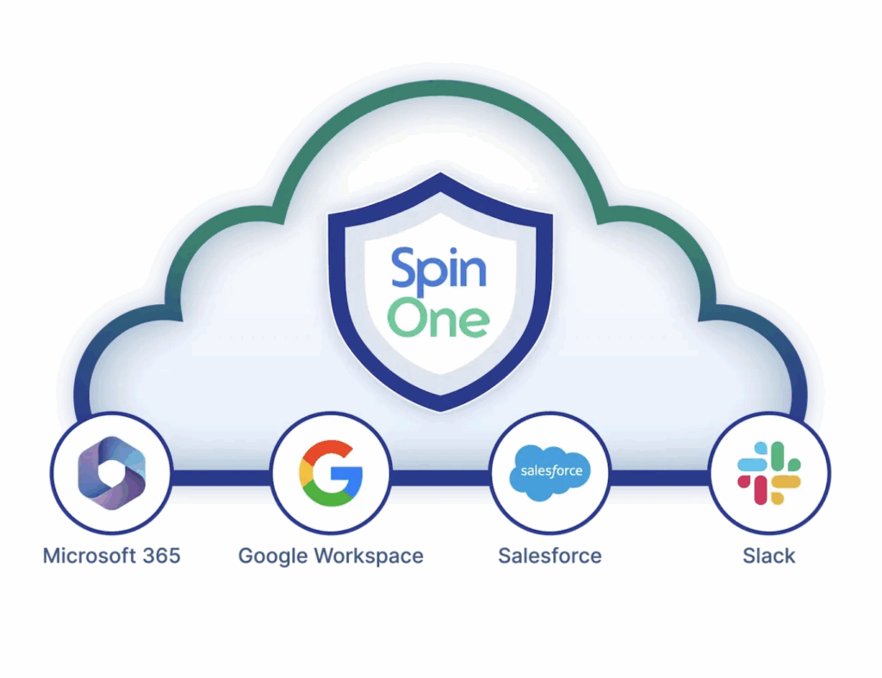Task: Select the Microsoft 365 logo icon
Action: pos(112,471)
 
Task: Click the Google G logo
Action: pos(331,472)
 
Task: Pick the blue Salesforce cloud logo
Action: pos(550,472)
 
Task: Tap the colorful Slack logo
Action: pos(769,472)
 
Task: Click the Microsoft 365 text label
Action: pos(112,555)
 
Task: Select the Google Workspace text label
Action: pos(331,555)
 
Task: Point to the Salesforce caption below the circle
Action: pos(550,555)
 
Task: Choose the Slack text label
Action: pos(769,555)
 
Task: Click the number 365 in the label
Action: pos(161,555)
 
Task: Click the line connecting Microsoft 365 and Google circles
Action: pos(221,476)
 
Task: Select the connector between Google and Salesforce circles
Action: pos(440,476)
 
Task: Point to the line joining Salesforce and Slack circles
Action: pos(660,476)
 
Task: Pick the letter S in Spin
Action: pos(405,268)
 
